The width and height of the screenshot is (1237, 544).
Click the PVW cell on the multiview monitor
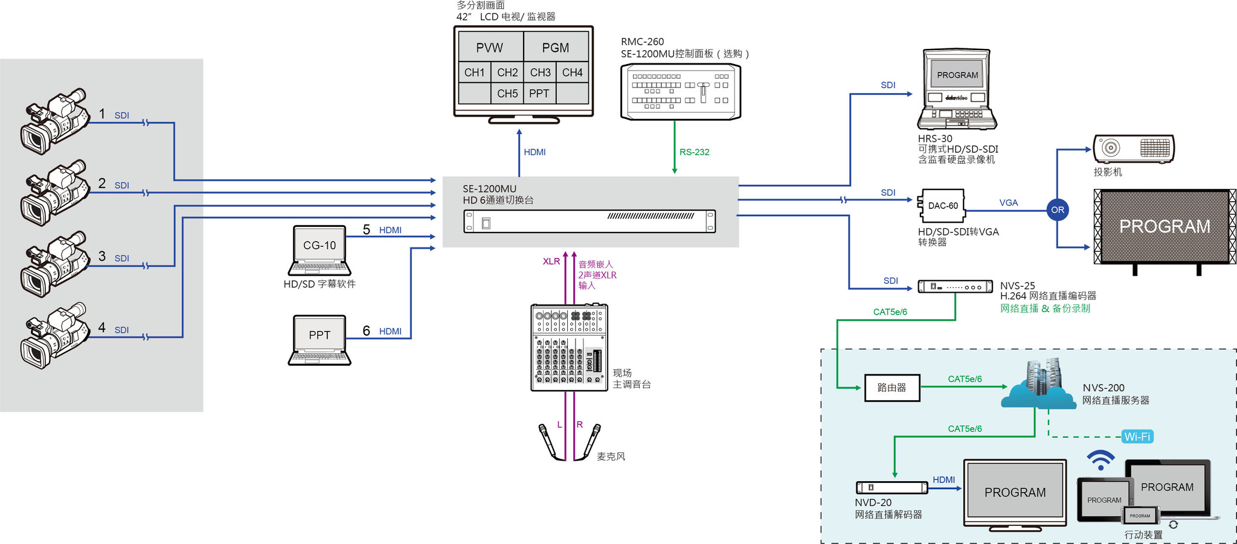click(490, 47)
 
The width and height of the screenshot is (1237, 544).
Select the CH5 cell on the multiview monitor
click(507, 94)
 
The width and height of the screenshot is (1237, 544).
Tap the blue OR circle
click(1057, 210)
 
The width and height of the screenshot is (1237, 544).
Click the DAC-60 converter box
click(942, 206)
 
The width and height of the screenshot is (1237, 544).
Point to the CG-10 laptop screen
click(320, 245)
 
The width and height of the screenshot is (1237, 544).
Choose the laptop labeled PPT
click(320, 339)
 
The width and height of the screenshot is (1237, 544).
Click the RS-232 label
click(694, 152)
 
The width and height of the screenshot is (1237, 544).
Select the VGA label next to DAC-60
click(1008, 203)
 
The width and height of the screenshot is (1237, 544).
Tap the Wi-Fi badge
click(1137, 437)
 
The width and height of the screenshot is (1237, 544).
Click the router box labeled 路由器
click(892, 388)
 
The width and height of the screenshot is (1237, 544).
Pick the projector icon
click(1133, 149)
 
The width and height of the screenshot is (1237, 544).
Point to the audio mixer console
click(569, 347)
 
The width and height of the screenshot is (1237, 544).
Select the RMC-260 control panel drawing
click(681, 92)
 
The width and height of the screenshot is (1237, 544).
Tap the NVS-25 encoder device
click(955, 286)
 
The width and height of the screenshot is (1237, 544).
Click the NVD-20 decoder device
click(892, 487)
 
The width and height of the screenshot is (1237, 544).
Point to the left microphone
click(547, 441)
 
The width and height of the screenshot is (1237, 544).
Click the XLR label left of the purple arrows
click(551, 261)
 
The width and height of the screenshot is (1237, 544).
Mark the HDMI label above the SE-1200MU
click(535, 152)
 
